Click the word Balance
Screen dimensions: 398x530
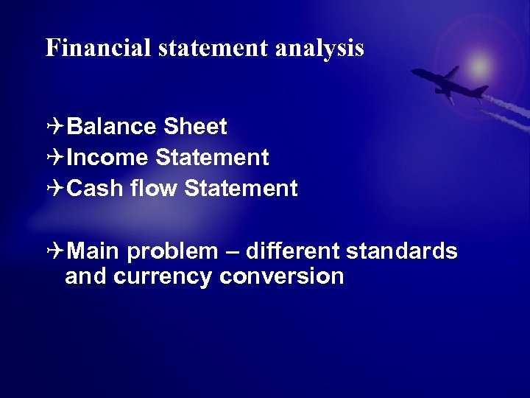111,127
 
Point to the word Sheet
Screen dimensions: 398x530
195,127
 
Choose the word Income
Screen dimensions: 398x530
108,158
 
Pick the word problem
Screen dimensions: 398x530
172,253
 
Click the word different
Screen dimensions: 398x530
291,251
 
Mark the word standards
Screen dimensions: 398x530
401,251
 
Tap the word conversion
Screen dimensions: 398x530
282,276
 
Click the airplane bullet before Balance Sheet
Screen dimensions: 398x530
54,127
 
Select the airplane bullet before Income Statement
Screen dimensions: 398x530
54,158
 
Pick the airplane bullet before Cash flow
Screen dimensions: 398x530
54,189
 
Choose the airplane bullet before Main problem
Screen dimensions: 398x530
54,251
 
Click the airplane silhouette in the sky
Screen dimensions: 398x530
449,83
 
